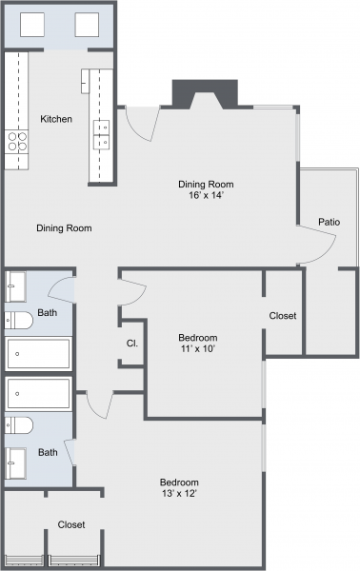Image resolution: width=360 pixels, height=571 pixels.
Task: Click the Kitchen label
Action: click(56, 119)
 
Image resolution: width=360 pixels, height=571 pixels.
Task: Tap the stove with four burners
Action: click(17, 142)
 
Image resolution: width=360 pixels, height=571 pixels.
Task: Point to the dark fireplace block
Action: click(204, 94)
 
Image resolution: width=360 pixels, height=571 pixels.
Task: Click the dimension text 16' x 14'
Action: click(207, 196)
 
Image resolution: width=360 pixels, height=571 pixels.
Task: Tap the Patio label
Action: click(330, 222)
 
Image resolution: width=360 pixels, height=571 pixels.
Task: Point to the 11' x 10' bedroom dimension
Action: click(198, 350)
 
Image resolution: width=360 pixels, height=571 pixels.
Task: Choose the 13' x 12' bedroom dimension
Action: click(179, 493)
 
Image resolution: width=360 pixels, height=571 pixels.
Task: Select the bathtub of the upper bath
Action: click(38, 354)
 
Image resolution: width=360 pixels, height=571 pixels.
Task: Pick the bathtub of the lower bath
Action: click(38, 392)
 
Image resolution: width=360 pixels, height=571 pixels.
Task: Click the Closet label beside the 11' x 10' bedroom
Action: click(283, 315)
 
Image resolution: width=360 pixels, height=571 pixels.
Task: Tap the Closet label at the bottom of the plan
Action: click(71, 524)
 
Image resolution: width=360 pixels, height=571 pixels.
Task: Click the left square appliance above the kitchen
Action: click(32, 25)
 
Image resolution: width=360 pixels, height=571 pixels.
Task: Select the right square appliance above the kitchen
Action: click(87, 25)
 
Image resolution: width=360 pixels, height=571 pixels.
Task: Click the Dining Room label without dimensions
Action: click(64, 228)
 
